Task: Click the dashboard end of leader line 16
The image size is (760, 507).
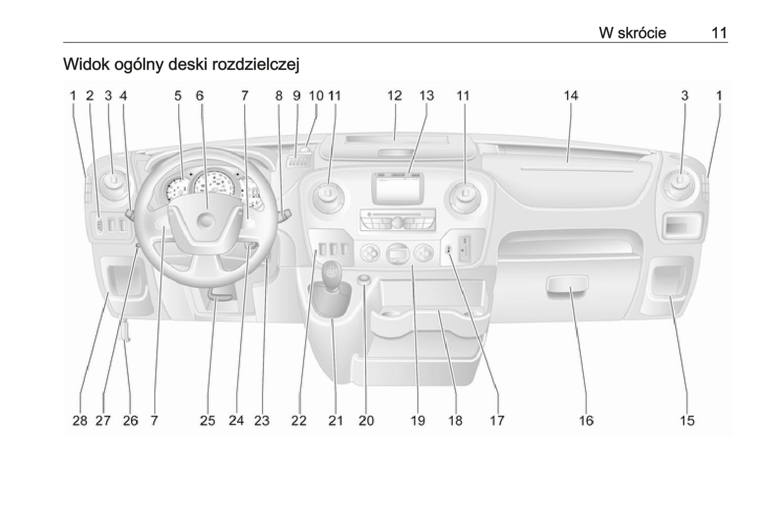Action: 571,287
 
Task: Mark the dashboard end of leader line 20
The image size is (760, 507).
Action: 364,280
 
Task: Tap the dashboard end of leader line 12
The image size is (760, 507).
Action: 394,139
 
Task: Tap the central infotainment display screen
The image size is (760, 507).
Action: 397,189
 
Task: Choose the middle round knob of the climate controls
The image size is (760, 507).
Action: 397,253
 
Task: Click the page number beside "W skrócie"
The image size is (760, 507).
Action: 720,33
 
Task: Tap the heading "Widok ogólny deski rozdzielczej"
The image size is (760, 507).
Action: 181,65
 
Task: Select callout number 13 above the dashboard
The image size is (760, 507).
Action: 427,96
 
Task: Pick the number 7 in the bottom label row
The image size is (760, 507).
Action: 155,421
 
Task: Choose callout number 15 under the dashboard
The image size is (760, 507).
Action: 687,421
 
